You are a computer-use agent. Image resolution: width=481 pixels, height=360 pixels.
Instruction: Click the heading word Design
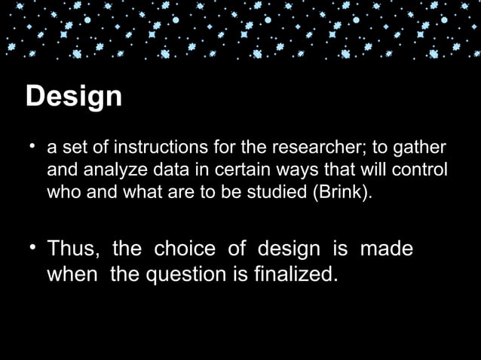click(x=73, y=97)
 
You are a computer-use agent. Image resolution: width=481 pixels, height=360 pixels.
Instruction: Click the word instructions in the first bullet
click(x=148, y=146)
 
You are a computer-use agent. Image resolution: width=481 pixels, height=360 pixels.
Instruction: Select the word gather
click(x=422, y=147)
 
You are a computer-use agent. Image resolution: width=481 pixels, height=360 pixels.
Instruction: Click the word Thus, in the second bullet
click(x=75, y=249)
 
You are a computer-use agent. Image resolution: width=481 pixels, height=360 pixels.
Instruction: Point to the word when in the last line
click(x=72, y=274)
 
